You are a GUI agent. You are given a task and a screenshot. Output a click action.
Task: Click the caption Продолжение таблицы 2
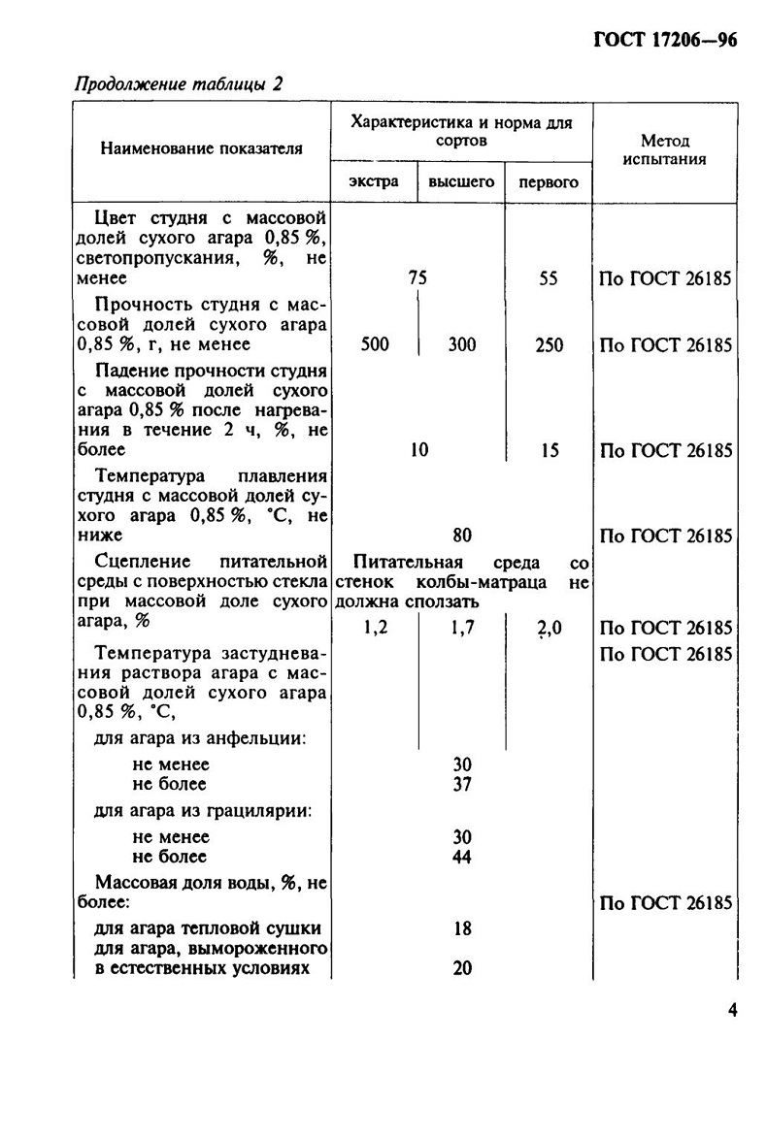(x=179, y=84)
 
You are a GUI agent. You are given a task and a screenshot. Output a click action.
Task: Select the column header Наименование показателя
(x=201, y=148)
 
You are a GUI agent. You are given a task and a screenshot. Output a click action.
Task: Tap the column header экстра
(x=374, y=181)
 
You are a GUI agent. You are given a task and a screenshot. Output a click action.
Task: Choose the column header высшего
(x=461, y=181)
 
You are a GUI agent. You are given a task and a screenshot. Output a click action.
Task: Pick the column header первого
(x=549, y=181)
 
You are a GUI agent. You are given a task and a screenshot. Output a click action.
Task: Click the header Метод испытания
(x=664, y=149)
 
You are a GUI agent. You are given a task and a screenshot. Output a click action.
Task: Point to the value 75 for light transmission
(x=417, y=278)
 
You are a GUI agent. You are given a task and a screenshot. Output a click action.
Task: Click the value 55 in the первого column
(x=549, y=278)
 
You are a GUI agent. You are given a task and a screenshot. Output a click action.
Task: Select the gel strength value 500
(x=375, y=344)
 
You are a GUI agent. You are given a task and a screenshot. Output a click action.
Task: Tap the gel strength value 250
(x=549, y=344)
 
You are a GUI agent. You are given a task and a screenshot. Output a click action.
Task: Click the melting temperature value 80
(x=462, y=535)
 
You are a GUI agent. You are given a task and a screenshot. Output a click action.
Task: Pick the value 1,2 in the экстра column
(x=375, y=628)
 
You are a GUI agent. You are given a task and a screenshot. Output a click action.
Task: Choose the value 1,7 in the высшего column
(x=462, y=628)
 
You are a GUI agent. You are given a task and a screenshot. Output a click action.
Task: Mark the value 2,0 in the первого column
(x=549, y=629)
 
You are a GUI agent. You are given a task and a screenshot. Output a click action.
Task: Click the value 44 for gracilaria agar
(x=462, y=857)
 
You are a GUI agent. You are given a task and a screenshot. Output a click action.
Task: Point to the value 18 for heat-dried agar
(x=462, y=928)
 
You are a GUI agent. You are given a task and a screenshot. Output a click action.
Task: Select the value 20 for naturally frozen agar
(x=462, y=967)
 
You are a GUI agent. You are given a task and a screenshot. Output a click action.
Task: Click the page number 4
(x=731, y=1010)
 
